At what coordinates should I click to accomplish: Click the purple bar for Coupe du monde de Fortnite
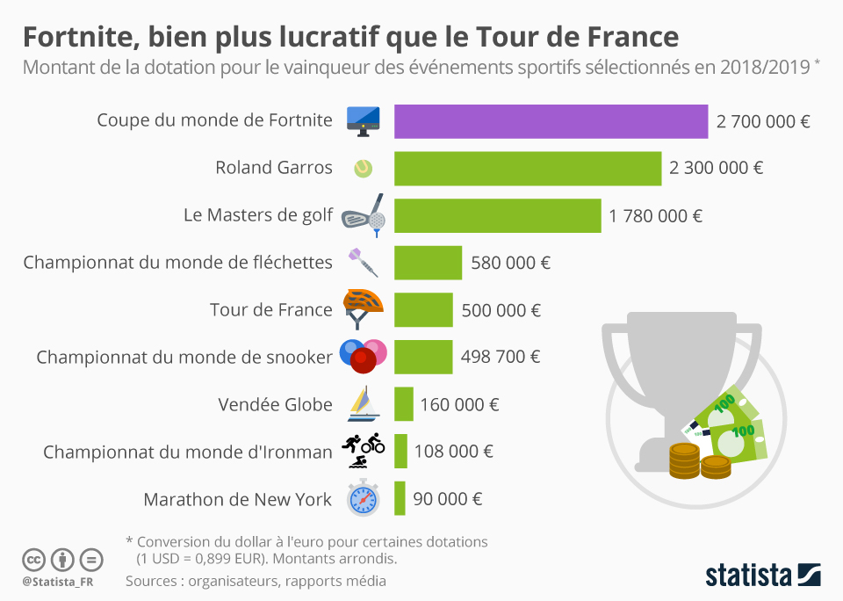pos(551,121)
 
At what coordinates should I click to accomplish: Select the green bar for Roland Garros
pos(527,168)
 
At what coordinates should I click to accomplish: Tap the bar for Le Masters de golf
pos(497,215)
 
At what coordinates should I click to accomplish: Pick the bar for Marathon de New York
pos(400,499)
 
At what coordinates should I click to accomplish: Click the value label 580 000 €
pos(510,263)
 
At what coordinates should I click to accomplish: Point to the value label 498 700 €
pos(501,357)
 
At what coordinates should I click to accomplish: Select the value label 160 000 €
pos(459,405)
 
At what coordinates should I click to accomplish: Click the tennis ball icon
pos(363,168)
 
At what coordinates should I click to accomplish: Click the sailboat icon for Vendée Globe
pos(363,403)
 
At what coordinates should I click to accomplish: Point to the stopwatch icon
pos(363,498)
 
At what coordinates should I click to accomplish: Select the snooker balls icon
pos(363,355)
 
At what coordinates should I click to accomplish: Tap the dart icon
pos(363,262)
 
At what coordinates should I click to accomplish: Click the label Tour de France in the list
pos(270,309)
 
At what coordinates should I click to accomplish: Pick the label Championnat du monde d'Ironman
pos(187,453)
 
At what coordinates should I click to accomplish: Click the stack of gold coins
pos(700,461)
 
